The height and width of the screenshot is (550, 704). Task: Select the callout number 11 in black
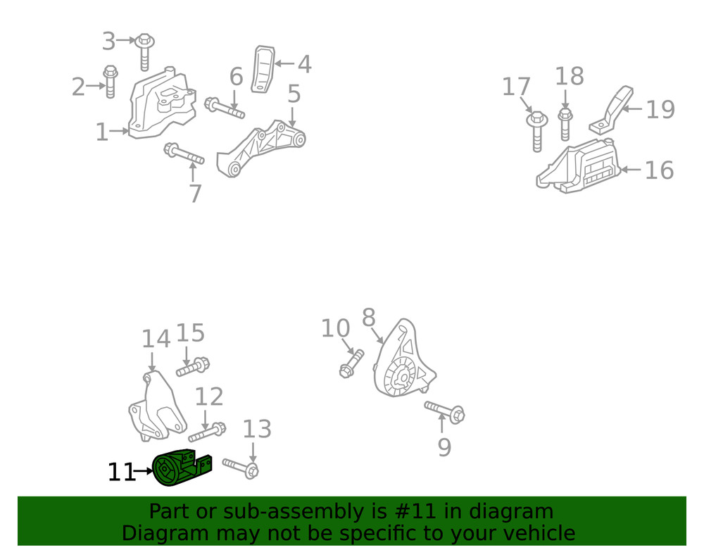(x=121, y=472)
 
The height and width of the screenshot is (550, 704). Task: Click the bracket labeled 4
(x=263, y=69)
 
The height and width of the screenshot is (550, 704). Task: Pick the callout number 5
(x=294, y=94)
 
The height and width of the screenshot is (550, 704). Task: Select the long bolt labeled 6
(x=225, y=108)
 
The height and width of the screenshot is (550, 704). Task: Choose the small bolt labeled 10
(x=351, y=363)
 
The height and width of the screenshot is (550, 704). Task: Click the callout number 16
(x=659, y=170)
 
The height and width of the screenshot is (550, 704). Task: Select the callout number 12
(x=208, y=397)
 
